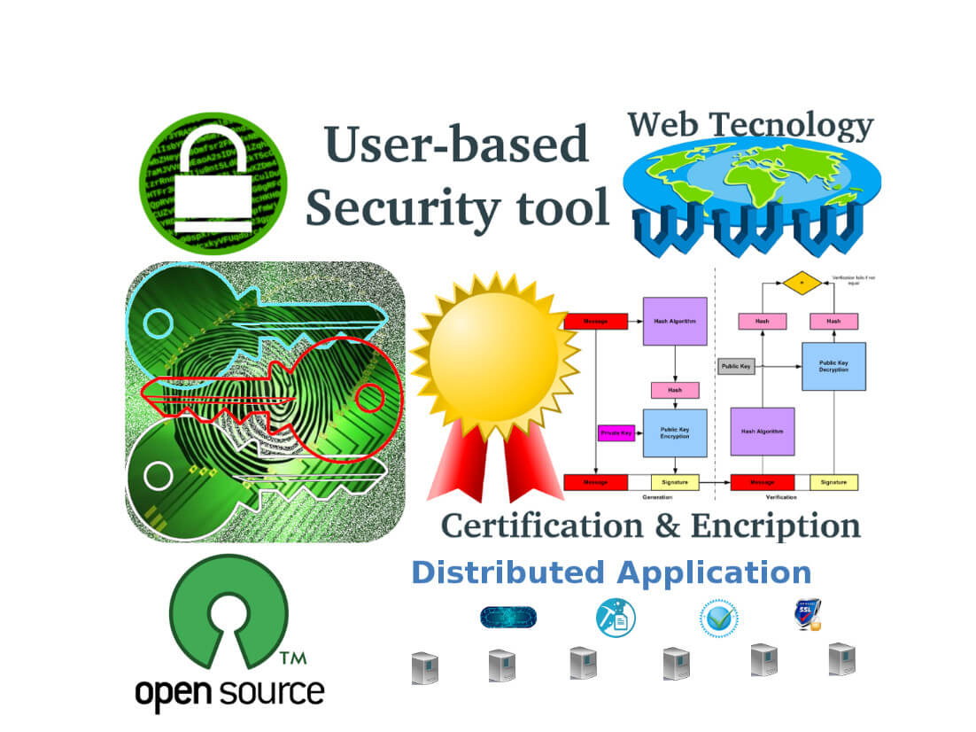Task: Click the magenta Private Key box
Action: pyautogui.click(x=616, y=433)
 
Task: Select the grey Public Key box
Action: pyautogui.click(x=736, y=366)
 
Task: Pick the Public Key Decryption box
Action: pyautogui.click(x=833, y=366)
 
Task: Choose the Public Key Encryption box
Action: pyautogui.click(x=674, y=432)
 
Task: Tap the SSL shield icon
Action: pyautogui.click(x=806, y=615)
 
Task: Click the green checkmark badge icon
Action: pyautogui.click(x=718, y=619)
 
